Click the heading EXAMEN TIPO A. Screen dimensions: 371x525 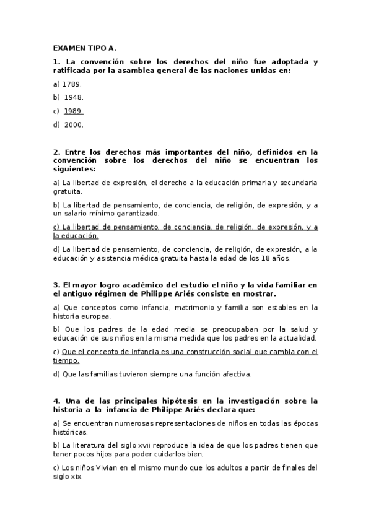84,48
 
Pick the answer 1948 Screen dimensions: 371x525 74,97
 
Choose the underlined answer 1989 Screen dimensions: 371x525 74,111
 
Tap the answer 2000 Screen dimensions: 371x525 74,124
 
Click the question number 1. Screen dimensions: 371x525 56,62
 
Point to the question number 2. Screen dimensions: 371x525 56,152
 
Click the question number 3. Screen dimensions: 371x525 56,285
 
